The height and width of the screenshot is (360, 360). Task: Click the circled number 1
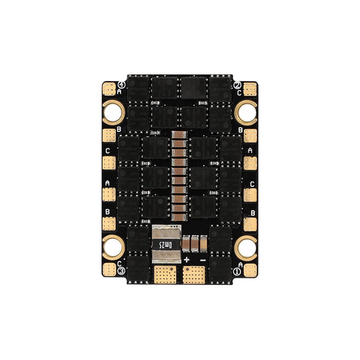pos(238,271)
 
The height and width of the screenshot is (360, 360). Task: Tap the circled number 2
pos(238,85)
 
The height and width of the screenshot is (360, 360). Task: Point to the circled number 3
pos(121,271)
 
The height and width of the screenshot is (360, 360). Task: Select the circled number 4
pos(121,85)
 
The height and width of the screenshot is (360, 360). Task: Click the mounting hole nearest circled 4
pos(113,110)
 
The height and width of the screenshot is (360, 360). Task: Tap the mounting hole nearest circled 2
pos(247,110)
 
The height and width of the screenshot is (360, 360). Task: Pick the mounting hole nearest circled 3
pos(113,245)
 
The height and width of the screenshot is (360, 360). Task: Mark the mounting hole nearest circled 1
pos(247,245)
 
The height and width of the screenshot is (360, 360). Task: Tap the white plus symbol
pos(187,260)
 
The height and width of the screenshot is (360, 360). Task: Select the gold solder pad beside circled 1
pos(250,268)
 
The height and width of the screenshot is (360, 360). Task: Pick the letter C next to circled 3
pos(120,263)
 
